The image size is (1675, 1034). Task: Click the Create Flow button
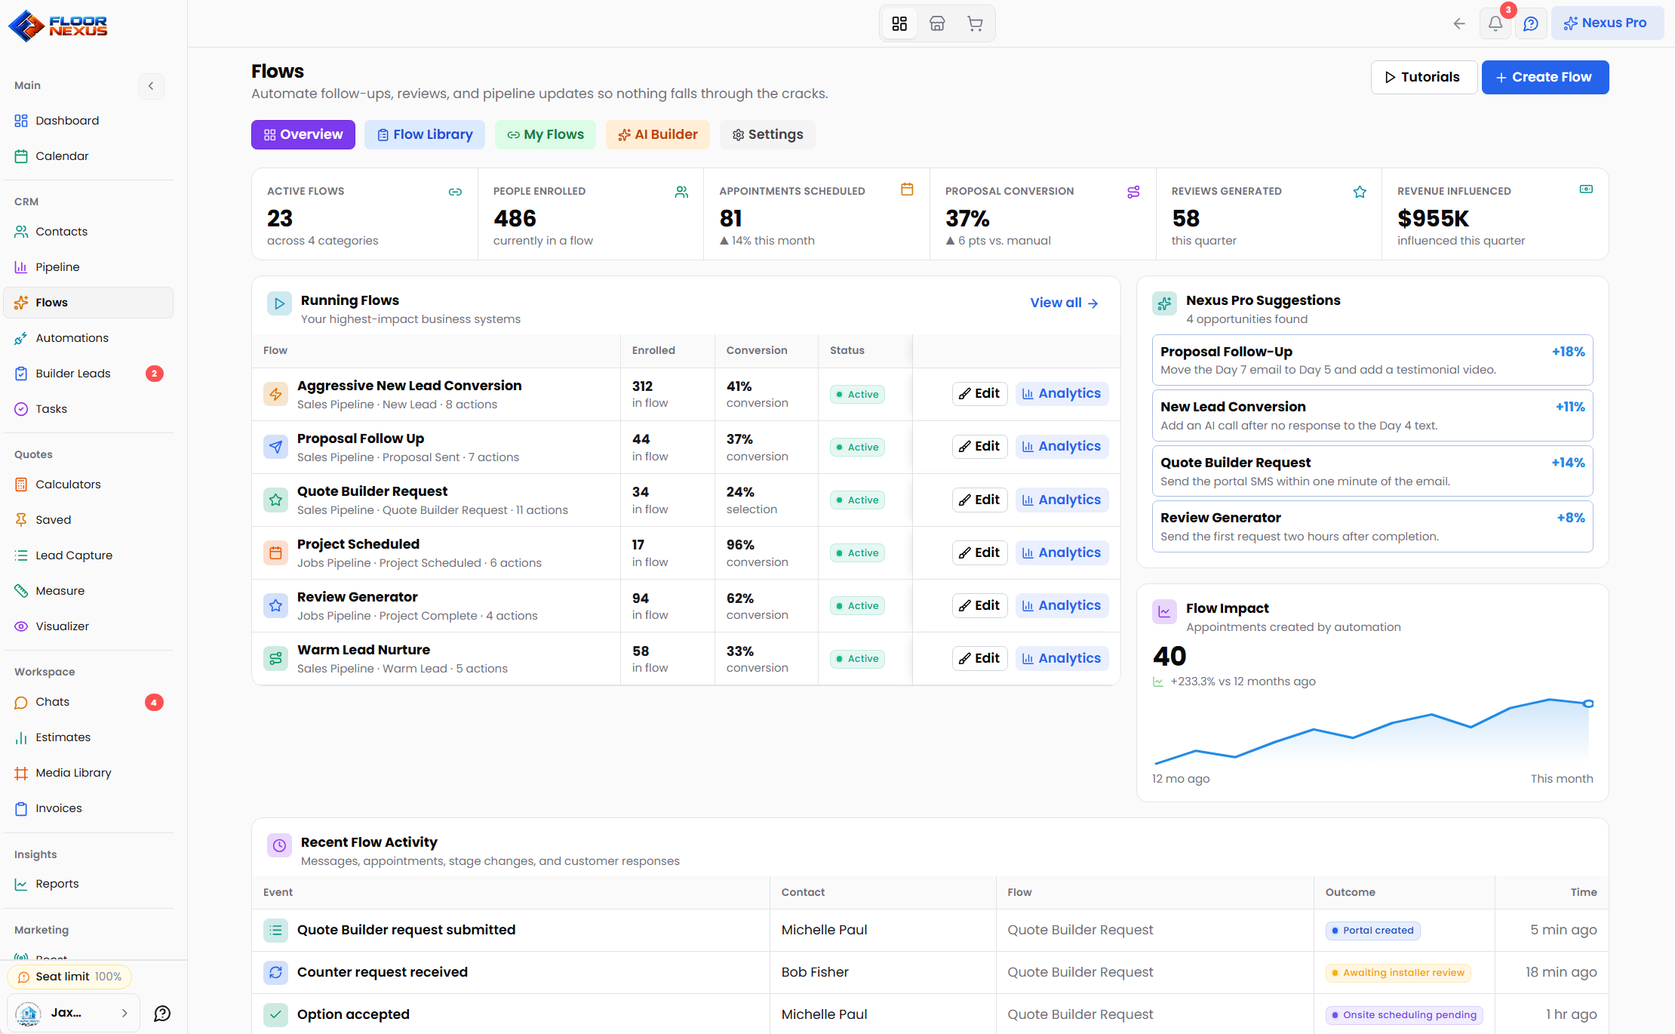click(1544, 77)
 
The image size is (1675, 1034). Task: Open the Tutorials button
click(1423, 77)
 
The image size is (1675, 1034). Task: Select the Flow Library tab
click(425, 134)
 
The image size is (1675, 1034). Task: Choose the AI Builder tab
click(657, 134)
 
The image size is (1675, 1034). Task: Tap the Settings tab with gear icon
click(767, 134)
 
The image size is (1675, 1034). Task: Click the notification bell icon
click(1495, 23)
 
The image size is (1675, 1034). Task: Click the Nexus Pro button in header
click(1607, 23)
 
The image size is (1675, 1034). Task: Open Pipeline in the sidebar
click(57, 267)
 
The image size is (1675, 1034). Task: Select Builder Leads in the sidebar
click(73, 374)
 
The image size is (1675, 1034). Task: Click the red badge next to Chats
click(154, 703)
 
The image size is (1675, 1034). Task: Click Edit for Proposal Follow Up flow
click(979, 447)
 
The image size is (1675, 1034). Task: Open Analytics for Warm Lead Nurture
click(1062, 659)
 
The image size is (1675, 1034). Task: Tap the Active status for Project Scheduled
click(857, 553)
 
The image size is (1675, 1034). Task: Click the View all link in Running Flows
click(1064, 303)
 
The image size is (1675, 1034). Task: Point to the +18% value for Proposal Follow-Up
click(1568, 352)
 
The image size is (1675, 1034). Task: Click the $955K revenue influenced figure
click(1433, 219)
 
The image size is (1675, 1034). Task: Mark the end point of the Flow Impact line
click(1588, 703)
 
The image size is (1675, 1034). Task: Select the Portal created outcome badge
click(1372, 931)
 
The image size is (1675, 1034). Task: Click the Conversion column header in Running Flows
click(757, 350)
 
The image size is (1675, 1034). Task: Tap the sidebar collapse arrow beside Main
click(151, 86)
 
